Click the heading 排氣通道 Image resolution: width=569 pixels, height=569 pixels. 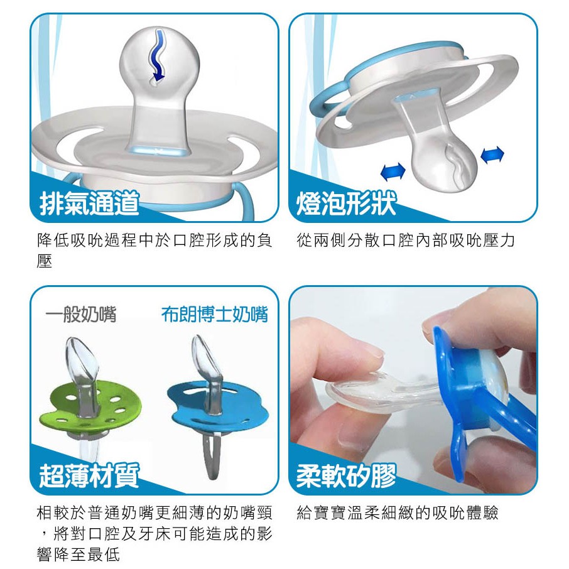click(x=89, y=203)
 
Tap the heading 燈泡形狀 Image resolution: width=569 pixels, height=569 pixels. click(x=346, y=203)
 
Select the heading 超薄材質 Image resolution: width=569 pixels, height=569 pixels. click(x=89, y=475)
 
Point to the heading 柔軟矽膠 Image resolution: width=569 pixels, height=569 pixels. click(x=346, y=475)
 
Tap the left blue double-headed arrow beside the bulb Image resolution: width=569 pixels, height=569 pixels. click(x=393, y=171)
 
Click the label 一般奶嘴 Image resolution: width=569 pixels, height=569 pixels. click(x=81, y=314)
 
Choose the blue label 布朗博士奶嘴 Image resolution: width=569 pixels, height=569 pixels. click(x=215, y=314)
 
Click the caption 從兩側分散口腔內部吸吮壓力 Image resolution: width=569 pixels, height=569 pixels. click(x=406, y=241)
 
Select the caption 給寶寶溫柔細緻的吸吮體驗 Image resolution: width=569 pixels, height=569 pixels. click(x=398, y=512)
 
